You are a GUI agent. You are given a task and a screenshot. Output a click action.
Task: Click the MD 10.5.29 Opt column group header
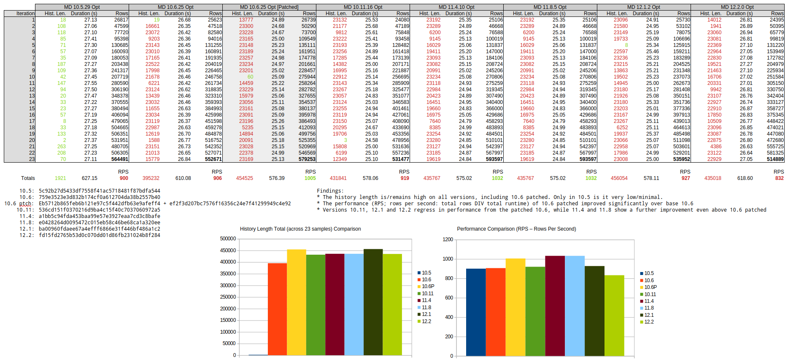click(82, 7)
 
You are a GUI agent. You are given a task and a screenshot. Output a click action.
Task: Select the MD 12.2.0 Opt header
click(737, 7)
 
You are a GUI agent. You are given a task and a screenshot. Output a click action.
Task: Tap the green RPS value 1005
click(310, 178)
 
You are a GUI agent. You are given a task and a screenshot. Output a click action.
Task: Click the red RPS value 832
click(779, 178)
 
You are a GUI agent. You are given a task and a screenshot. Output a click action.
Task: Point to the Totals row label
click(28, 178)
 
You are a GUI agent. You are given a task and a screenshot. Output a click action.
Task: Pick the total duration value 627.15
click(89, 178)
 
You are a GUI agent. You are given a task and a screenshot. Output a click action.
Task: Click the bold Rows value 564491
click(120, 159)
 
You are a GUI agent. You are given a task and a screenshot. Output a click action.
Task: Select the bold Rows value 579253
click(307, 159)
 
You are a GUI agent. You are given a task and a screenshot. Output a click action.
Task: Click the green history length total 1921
click(60, 178)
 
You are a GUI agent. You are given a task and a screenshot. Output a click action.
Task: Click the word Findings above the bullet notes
click(330, 191)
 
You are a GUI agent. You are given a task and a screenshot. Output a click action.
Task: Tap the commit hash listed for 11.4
click(100, 216)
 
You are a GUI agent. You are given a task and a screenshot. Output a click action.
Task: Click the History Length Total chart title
click(300, 229)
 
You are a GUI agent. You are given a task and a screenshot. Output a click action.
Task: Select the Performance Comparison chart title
click(516, 229)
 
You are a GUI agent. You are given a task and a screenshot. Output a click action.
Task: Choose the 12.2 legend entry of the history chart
click(426, 321)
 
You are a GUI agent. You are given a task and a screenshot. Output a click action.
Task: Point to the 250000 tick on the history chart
click(228, 297)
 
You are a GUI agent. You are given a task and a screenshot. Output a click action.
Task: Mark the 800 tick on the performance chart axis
click(449, 278)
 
